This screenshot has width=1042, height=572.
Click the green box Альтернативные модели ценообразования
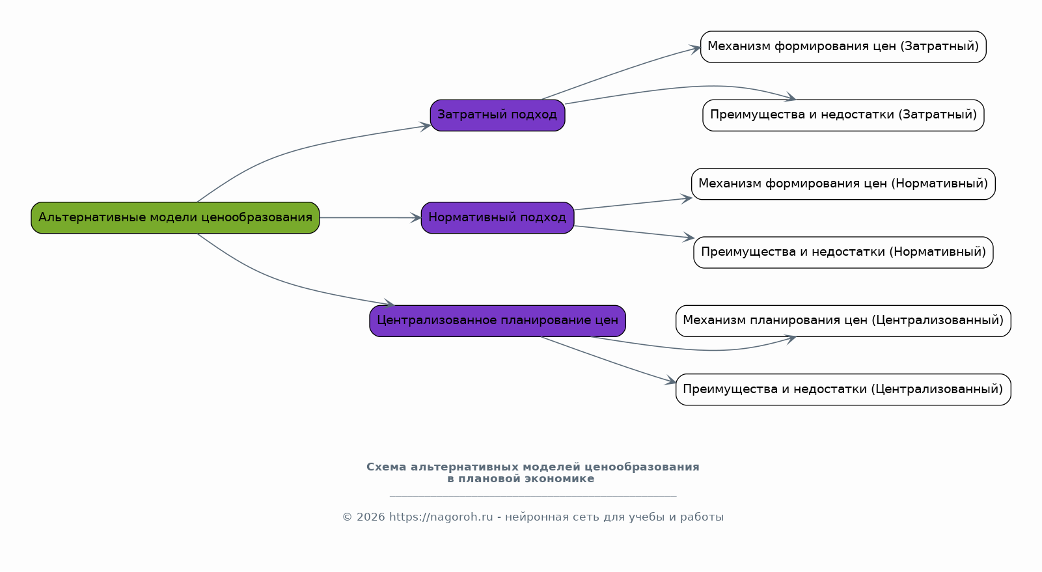pyautogui.click(x=175, y=217)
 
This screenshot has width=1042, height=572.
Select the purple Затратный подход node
pyautogui.click(x=498, y=115)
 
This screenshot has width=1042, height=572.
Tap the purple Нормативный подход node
pyautogui.click(x=498, y=217)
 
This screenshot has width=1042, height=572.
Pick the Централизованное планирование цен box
pyautogui.click(x=498, y=321)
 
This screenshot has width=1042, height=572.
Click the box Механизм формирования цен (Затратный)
pyautogui.click(x=843, y=47)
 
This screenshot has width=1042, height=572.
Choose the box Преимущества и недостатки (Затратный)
pyautogui.click(x=843, y=115)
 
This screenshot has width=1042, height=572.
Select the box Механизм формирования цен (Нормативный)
pyautogui.click(x=843, y=184)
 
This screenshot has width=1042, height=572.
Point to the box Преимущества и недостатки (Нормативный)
pyautogui.click(x=843, y=252)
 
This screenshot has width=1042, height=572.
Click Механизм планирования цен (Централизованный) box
pyautogui.click(x=843, y=321)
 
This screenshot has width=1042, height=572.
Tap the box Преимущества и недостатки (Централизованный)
pyautogui.click(x=843, y=390)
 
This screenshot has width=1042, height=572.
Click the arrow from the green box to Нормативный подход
pyautogui.click(x=370, y=217)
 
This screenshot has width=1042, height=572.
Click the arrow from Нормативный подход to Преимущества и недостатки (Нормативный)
pyautogui.click(x=635, y=232)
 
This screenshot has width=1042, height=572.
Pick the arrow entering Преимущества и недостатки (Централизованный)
pyautogui.click(x=609, y=361)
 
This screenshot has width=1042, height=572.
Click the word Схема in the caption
pyautogui.click(x=386, y=467)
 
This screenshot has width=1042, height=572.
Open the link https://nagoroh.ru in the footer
pyautogui.click(x=441, y=517)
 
